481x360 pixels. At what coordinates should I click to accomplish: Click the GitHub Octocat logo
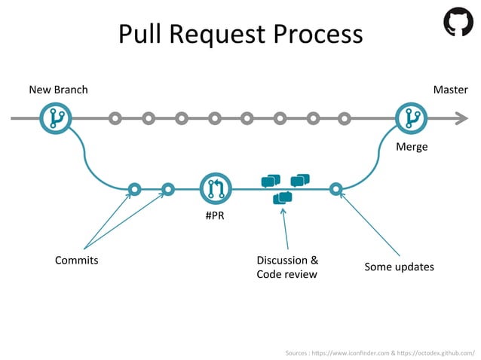[458, 22]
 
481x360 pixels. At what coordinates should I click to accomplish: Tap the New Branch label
[58, 90]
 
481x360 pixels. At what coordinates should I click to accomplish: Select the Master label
[451, 90]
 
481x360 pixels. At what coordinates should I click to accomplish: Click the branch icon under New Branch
[55, 118]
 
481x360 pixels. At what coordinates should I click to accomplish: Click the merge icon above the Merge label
[411, 118]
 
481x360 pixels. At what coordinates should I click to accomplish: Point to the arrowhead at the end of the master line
[461, 118]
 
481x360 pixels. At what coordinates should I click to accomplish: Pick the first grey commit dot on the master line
[115, 118]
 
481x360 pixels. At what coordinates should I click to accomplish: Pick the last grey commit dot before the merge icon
[345, 118]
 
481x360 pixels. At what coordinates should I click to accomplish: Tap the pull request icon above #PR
[216, 188]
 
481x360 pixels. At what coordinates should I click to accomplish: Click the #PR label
[216, 216]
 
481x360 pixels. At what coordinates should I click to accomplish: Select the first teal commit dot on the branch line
[134, 188]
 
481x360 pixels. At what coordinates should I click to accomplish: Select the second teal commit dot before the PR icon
[168, 188]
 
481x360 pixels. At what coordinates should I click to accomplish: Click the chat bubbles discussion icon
[284, 188]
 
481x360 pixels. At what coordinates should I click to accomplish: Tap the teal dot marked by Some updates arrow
[336, 188]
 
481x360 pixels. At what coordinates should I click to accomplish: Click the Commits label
[76, 261]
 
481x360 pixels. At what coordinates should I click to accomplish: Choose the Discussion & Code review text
[287, 267]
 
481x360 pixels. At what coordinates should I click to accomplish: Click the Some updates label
[399, 267]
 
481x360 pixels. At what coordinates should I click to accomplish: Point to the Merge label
[412, 147]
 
